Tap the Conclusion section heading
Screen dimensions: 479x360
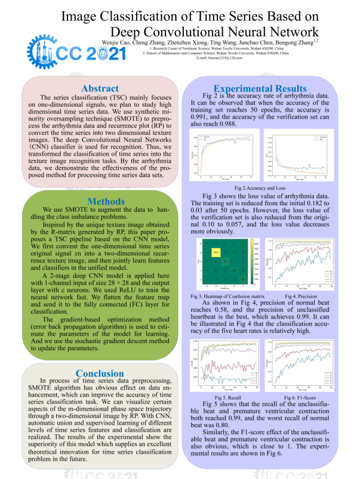click(x=100, y=373)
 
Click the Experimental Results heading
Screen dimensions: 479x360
click(x=260, y=89)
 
